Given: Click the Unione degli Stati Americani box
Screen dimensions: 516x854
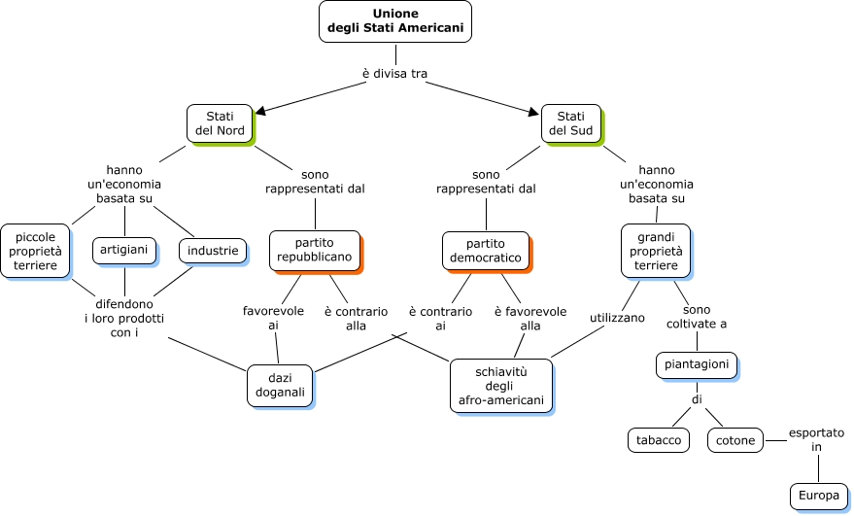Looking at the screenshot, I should click(x=394, y=21).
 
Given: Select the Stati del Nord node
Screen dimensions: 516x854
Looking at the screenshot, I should click(x=220, y=123).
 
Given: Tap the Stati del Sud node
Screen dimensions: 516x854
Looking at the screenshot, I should click(x=570, y=123).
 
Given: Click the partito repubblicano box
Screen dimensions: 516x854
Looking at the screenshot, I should click(x=314, y=251).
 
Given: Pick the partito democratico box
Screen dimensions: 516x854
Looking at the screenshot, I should click(x=485, y=251).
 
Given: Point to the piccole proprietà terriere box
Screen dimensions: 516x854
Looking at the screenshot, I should click(x=35, y=251).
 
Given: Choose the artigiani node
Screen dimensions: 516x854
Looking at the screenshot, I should click(x=124, y=251).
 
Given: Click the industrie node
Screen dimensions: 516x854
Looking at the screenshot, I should click(x=213, y=251).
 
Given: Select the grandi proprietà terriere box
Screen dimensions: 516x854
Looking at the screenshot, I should click(x=656, y=251).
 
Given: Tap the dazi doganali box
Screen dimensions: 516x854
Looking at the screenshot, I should click(x=280, y=385).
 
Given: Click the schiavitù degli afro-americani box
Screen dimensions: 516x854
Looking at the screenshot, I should click(x=500, y=385).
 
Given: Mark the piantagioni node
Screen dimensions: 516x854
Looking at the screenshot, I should click(x=696, y=365).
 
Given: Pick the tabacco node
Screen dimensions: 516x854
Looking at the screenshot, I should click(x=659, y=440).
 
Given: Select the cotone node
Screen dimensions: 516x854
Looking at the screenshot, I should click(x=735, y=440).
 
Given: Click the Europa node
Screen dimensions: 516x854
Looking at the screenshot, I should click(x=819, y=496).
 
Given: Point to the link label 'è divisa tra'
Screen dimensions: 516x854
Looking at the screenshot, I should click(x=394, y=74).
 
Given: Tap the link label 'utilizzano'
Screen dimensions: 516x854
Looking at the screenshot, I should click(x=617, y=318).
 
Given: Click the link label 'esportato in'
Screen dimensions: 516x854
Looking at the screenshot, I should click(x=817, y=439).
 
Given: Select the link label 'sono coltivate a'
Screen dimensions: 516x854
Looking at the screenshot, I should click(x=698, y=316).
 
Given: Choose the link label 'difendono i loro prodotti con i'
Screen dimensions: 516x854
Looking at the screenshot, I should click(x=124, y=318).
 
